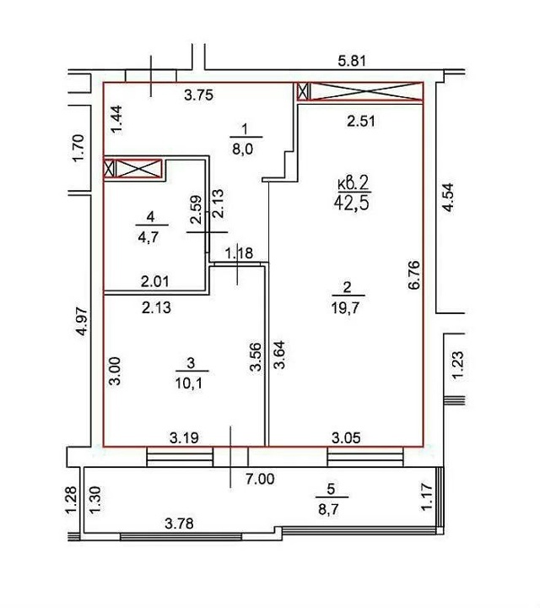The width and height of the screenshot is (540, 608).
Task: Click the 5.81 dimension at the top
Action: [x=352, y=61]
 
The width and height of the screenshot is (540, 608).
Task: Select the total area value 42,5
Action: [x=352, y=203]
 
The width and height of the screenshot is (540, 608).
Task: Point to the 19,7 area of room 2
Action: [x=346, y=308]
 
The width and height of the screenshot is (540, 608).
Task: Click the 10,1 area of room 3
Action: [x=190, y=383]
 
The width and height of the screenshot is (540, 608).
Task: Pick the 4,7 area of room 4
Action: [x=148, y=236]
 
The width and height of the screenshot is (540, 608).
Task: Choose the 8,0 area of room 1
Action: [x=242, y=149]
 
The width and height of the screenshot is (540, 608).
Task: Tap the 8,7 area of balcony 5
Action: [x=328, y=509]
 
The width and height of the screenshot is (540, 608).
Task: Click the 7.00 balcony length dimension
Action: [x=260, y=480]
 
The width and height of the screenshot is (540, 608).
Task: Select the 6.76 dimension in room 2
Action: [x=413, y=275]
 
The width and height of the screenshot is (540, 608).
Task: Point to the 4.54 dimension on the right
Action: [x=448, y=198]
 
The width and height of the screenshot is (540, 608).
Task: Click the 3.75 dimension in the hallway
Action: [x=199, y=95]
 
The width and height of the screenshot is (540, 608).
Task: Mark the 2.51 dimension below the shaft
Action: [x=361, y=122]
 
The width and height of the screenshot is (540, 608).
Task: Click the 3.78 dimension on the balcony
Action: [x=179, y=524]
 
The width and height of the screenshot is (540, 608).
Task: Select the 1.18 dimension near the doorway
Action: [x=239, y=253]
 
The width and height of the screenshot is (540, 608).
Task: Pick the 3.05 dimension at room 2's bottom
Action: [x=346, y=437]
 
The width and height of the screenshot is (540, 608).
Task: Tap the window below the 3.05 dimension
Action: [x=365, y=456]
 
